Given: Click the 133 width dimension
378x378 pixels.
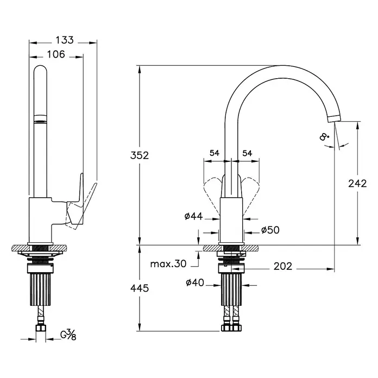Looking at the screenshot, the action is [x=65, y=40].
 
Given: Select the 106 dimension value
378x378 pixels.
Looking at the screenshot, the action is [x=56, y=54].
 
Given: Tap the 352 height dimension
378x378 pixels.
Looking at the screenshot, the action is [x=140, y=155].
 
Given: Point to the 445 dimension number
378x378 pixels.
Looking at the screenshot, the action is [x=140, y=288].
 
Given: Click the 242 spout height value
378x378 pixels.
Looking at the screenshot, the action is [x=357, y=184].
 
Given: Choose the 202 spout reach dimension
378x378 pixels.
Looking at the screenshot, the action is [x=283, y=266].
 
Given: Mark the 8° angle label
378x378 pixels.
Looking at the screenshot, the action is [x=324, y=137].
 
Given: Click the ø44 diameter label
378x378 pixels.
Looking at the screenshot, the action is [x=193, y=216].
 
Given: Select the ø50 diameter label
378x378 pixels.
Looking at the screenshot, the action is [x=270, y=230].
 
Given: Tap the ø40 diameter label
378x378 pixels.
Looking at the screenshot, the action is [x=195, y=282].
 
